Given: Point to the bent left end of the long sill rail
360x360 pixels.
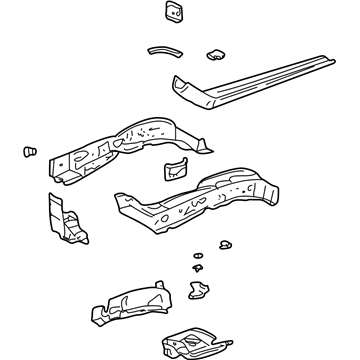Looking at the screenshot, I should click(185, 91).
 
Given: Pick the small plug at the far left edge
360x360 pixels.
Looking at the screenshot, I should click(28, 152).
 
